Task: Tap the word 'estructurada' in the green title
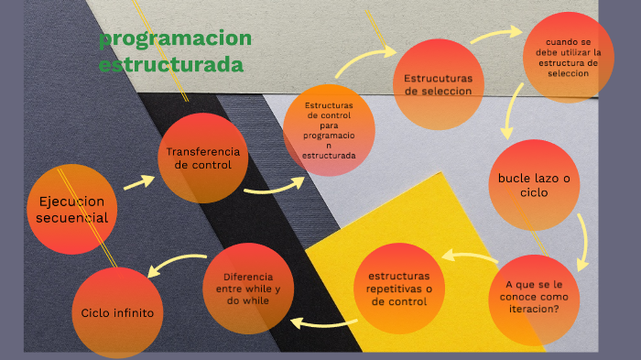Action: tap(171, 65)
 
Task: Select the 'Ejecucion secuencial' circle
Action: tap(72, 209)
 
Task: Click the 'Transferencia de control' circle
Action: tap(203, 158)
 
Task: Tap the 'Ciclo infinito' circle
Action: tap(117, 312)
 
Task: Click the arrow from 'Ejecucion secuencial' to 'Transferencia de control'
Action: tap(139, 181)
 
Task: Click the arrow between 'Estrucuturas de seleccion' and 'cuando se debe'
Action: tap(495, 35)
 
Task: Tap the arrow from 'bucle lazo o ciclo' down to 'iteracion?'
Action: tap(582, 238)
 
